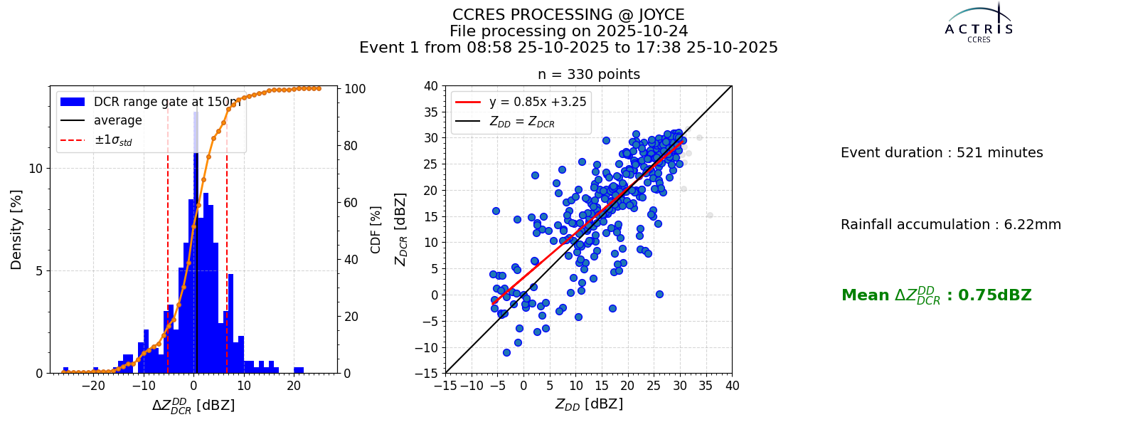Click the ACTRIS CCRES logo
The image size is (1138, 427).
(979, 23)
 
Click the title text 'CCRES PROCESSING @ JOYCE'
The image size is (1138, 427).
(568, 15)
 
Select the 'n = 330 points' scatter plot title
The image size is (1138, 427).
(589, 74)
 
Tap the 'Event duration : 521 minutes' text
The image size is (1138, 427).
(942, 152)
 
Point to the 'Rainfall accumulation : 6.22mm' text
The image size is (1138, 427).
(950, 224)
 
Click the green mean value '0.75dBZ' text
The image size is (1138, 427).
(995, 295)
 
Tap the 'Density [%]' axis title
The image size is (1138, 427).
(16, 230)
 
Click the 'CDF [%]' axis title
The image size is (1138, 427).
(375, 230)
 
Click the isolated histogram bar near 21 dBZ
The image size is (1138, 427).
(299, 370)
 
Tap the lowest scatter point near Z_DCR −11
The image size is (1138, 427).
(506, 352)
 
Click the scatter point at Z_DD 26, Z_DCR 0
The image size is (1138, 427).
(659, 295)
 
